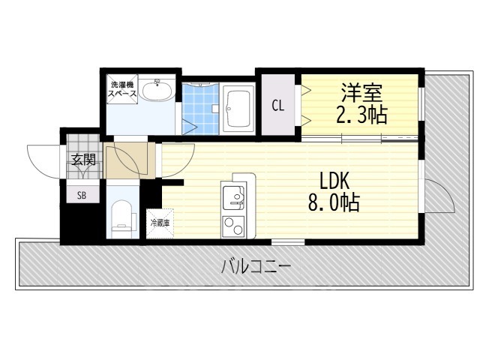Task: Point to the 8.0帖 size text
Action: click(333, 202)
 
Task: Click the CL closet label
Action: click(277, 106)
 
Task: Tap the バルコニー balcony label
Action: click(255, 267)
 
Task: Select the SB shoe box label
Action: click(82, 194)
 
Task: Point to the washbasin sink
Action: click(156, 93)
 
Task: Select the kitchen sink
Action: click(237, 196)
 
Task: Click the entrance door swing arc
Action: click(43, 159)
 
